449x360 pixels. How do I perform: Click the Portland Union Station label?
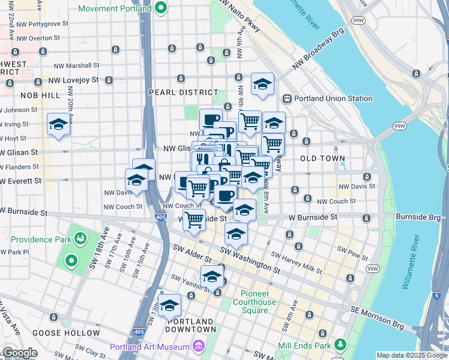coord(332,98)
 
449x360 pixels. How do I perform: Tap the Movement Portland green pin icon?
coord(160,8)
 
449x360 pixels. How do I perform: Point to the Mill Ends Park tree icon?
coord(340,344)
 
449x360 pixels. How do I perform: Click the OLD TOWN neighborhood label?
coord(323,158)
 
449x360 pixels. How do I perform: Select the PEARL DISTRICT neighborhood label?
coord(184,92)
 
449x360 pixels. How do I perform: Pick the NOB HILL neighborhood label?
coord(40,95)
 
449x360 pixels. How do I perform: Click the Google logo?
coord(20,353)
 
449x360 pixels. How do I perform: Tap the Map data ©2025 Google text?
coord(411,355)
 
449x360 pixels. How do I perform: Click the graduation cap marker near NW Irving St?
coord(58,125)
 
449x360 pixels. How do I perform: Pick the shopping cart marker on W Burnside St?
coord(194,220)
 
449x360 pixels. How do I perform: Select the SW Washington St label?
coord(249,261)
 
